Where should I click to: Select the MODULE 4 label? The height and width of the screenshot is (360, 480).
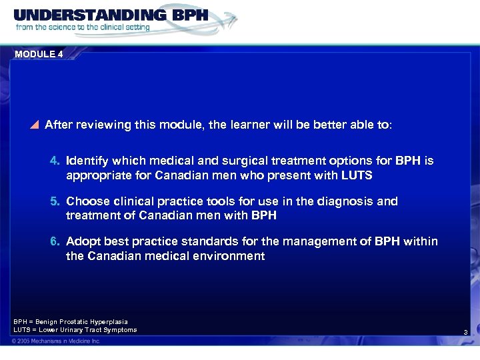[x=38, y=55]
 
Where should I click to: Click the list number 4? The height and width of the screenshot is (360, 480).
[x=55, y=161]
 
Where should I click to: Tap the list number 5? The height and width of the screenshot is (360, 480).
[x=55, y=201]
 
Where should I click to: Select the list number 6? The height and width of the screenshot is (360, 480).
[x=55, y=241]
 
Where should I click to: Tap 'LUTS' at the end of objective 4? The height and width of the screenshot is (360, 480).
[x=358, y=176]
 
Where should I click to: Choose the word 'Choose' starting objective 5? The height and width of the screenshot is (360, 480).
[x=86, y=201]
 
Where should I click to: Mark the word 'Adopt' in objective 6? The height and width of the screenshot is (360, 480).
[x=82, y=241]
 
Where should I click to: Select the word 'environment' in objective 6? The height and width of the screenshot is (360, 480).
[x=231, y=256]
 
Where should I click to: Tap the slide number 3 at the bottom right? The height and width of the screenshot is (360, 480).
[x=465, y=332]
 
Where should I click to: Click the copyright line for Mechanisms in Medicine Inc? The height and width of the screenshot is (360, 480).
[x=56, y=341]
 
